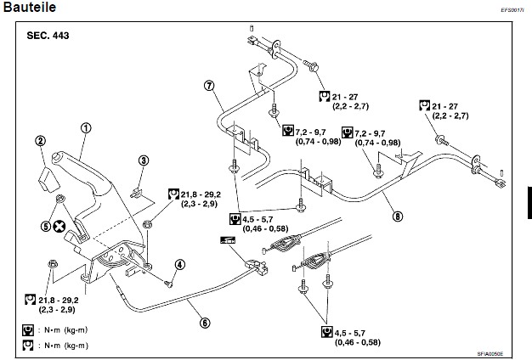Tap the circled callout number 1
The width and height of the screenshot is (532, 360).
pyautogui.click(x=85, y=128)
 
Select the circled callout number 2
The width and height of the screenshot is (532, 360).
pyautogui.click(x=39, y=141)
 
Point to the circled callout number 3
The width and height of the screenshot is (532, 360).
pyautogui.click(x=144, y=160)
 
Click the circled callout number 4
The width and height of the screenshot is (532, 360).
pyautogui.click(x=179, y=264)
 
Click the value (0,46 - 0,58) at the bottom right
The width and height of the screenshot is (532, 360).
pyautogui.click(x=358, y=342)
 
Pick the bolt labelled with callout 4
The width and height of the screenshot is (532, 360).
pyautogui.click(x=167, y=282)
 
